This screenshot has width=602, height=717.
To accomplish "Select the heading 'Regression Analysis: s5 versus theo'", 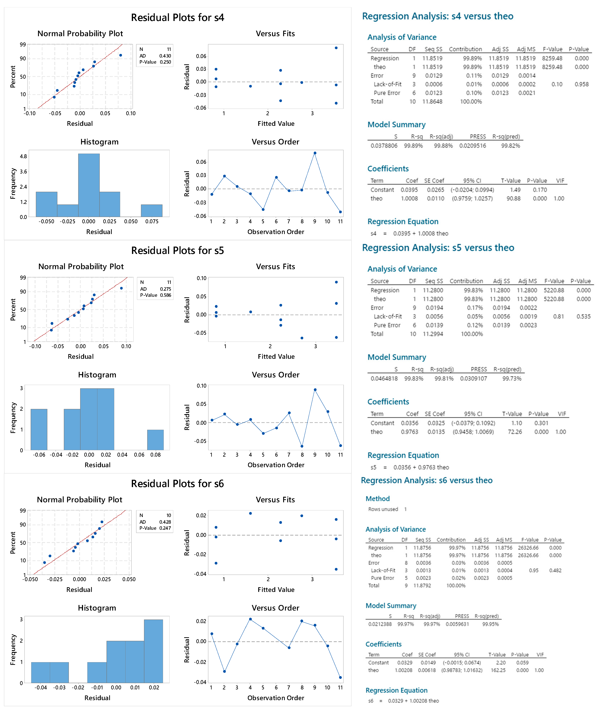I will (x=438, y=248).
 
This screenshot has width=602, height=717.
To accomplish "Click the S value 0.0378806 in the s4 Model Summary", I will (x=384, y=146).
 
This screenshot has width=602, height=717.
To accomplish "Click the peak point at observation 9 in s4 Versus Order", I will (x=315, y=153).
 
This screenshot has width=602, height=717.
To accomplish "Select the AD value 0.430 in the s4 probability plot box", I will (x=165, y=56).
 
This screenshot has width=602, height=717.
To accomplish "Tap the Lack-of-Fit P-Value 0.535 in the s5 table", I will (x=583, y=316).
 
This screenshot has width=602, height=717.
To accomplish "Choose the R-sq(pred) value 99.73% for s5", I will (x=511, y=379).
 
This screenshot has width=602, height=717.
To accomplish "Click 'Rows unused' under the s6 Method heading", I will (x=383, y=509).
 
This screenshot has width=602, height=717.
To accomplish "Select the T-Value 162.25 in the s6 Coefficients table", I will (x=498, y=670).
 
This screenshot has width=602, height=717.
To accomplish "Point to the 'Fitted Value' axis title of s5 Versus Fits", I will (x=276, y=356).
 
